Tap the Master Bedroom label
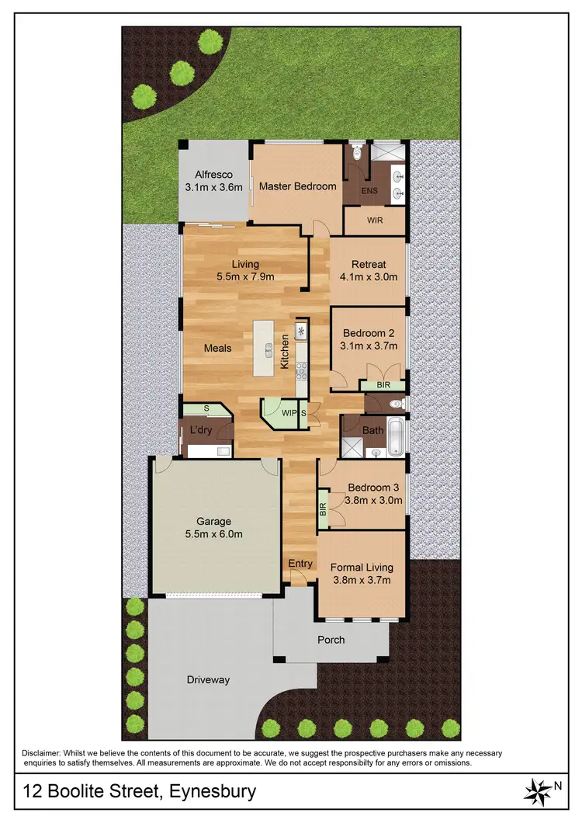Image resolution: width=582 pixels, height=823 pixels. tap(297, 186)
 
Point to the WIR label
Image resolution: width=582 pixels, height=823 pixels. tap(375, 221)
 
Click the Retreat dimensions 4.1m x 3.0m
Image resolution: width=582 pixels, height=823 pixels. tap(369, 276)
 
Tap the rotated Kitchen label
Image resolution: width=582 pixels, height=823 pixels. tap(285, 352)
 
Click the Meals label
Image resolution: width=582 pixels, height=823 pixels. tap(217, 348)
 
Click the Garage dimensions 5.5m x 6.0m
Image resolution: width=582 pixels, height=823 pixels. tap(213, 534)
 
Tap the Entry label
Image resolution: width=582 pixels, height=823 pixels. tap(300, 564)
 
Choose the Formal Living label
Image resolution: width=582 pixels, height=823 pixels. tap(362, 567)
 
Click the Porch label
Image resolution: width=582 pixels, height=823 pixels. tap(331, 640)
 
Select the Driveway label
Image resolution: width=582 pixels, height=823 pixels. tap(209, 680)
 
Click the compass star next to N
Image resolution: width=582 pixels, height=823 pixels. tap(535, 792)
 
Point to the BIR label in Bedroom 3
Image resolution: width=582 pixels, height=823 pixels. tap(323, 509)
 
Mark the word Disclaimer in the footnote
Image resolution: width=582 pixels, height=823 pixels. tap(43, 753)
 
